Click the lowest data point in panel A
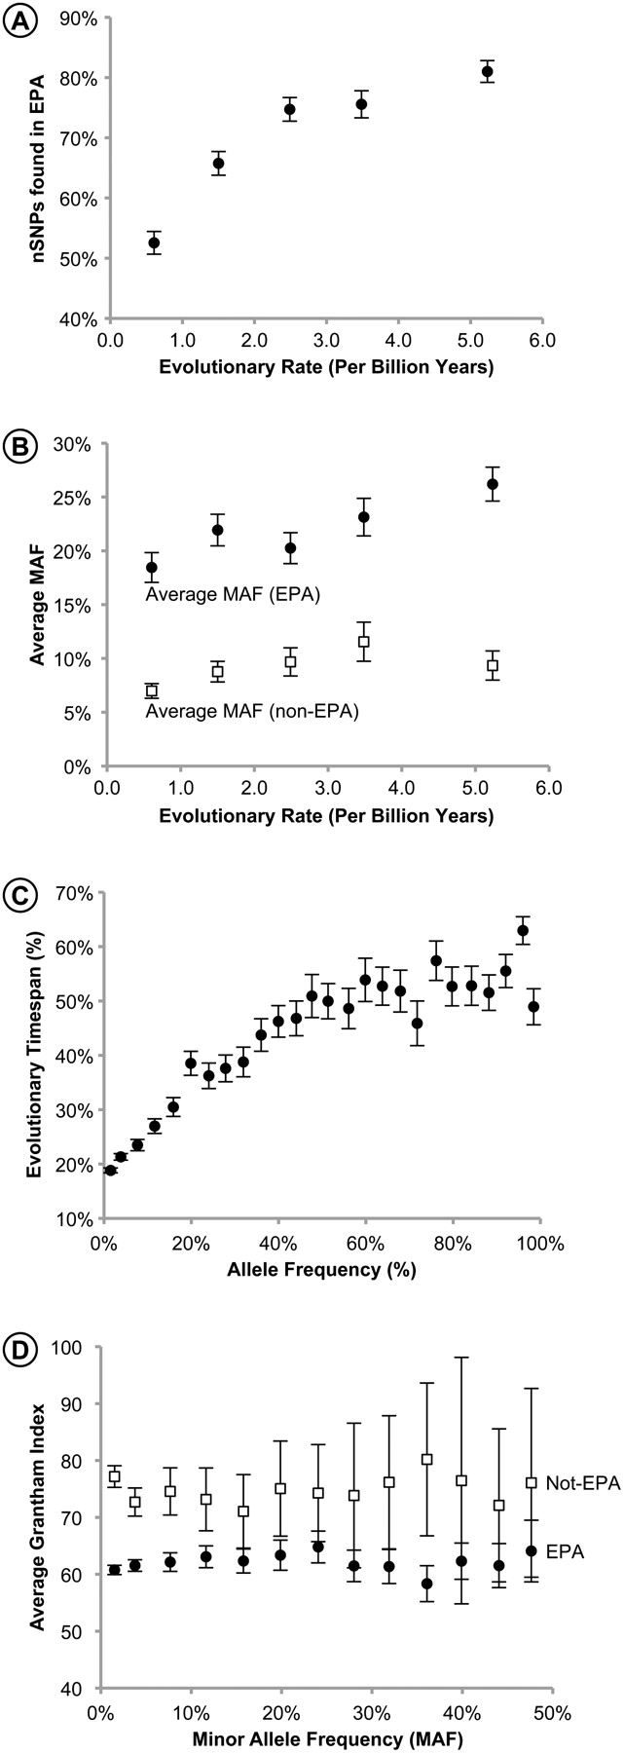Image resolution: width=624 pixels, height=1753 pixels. [x=154, y=242]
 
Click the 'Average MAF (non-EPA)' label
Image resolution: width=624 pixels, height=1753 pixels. [x=252, y=712]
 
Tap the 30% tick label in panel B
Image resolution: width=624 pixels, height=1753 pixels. [x=75, y=444]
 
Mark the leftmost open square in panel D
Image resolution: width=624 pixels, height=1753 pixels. [x=114, y=1476]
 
